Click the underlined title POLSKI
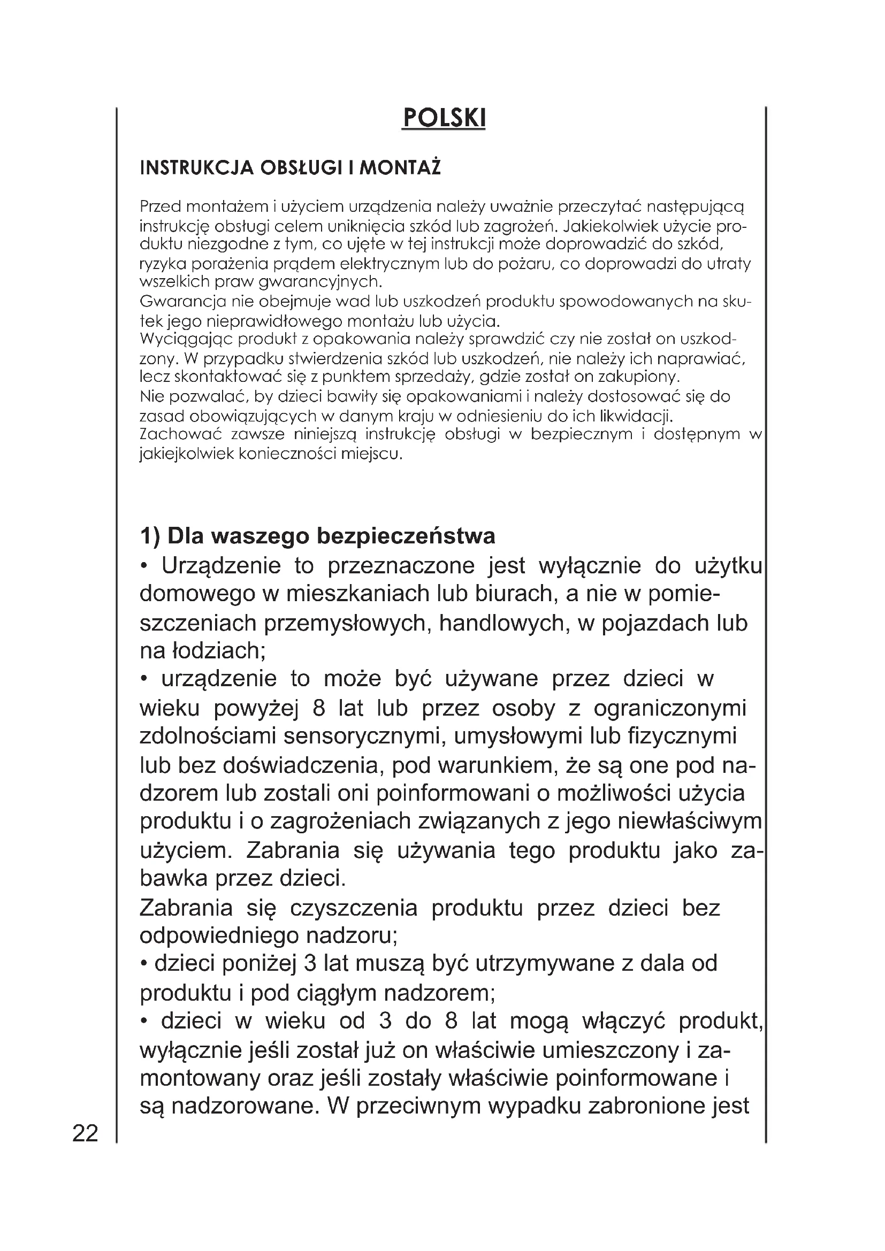tap(443, 118)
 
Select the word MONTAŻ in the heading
tap(400, 168)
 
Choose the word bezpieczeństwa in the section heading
tap(406, 536)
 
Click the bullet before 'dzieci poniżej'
tap(144, 964)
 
